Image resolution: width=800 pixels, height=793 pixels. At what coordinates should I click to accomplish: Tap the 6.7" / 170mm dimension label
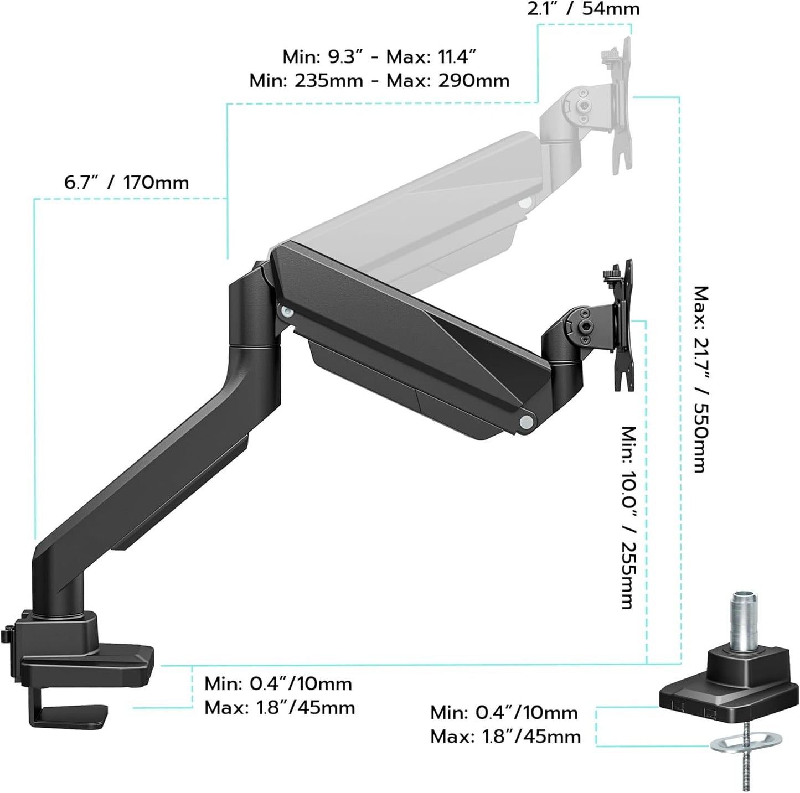(126, 183)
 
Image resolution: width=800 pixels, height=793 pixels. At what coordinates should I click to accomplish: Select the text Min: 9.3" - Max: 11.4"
(379, 56)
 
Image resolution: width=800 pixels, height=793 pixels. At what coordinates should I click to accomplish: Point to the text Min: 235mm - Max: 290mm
(379, 81)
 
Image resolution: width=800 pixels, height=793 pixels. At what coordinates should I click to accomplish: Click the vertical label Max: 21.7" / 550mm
(701, 379)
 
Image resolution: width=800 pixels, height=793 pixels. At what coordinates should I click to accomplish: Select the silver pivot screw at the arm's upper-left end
(287, 312)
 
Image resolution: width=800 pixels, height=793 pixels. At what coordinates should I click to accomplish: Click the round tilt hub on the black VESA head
(586, 320)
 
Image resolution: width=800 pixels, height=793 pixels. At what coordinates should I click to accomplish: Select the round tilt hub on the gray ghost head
(584, 105)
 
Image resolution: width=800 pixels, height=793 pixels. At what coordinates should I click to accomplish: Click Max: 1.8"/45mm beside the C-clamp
(279, 708)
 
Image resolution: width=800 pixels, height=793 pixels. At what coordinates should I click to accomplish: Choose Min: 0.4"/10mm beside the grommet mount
(504, 713)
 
